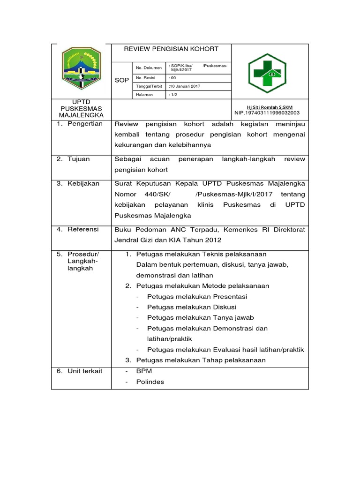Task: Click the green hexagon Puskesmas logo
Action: pyautogui.click(x=270, y=71)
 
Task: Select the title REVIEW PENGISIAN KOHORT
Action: pyautogui.click(x=171, y=49)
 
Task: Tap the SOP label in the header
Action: pyautogui.click(x=121, y=81)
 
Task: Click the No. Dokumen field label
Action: pyautogui.click(x=148, y=67)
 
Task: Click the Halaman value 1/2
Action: pyautogui.click(x=173, y=95)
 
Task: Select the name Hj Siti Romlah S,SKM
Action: pyautogui.click(x=270, y=107)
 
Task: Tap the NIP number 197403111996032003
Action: pyautogui.click(x=267, y=113)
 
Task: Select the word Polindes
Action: pyautogui.click(x=150, y=382)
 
